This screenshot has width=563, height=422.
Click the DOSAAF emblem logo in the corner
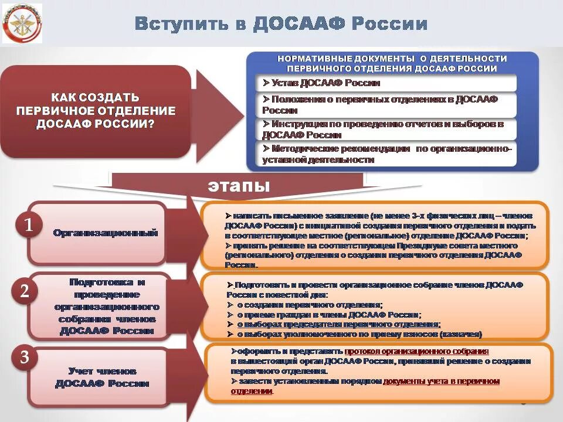22,23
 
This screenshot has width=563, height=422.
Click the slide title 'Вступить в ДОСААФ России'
281,24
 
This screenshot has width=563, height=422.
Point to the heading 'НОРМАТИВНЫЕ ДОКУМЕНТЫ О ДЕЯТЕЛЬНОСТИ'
392,63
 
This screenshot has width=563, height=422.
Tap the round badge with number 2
25,291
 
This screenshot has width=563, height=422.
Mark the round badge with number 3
25,358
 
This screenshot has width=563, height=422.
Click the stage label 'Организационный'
106,233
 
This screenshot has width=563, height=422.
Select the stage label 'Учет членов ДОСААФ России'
103,377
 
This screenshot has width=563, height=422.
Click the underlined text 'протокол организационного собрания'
416,351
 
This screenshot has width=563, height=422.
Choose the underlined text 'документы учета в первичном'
441,381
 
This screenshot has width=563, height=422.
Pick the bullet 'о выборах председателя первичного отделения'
338,324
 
